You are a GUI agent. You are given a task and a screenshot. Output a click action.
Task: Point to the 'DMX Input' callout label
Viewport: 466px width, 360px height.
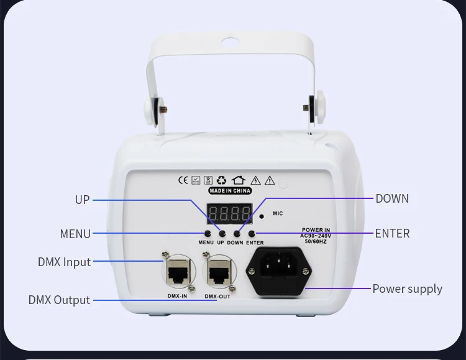[64, 262]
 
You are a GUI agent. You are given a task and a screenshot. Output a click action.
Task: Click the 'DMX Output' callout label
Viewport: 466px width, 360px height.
[59, 300]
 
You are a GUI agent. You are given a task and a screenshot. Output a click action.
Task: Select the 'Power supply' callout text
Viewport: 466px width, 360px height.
[407, 288]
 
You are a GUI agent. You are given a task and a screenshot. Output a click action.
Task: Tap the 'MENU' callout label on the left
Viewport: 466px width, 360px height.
[75, 234]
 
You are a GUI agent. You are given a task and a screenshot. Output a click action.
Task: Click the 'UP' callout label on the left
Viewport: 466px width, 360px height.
[82, 200]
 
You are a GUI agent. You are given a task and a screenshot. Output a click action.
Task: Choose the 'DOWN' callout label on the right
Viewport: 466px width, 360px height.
[392, 199]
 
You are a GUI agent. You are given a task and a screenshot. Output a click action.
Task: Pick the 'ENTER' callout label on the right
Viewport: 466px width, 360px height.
[392, 233]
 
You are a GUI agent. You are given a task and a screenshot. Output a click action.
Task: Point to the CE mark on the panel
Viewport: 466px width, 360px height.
[183, 180]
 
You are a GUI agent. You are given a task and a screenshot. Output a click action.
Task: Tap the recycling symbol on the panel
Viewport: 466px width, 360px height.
[221, 180]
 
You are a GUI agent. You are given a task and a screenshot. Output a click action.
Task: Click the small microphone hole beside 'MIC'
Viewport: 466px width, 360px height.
[262, 216]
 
